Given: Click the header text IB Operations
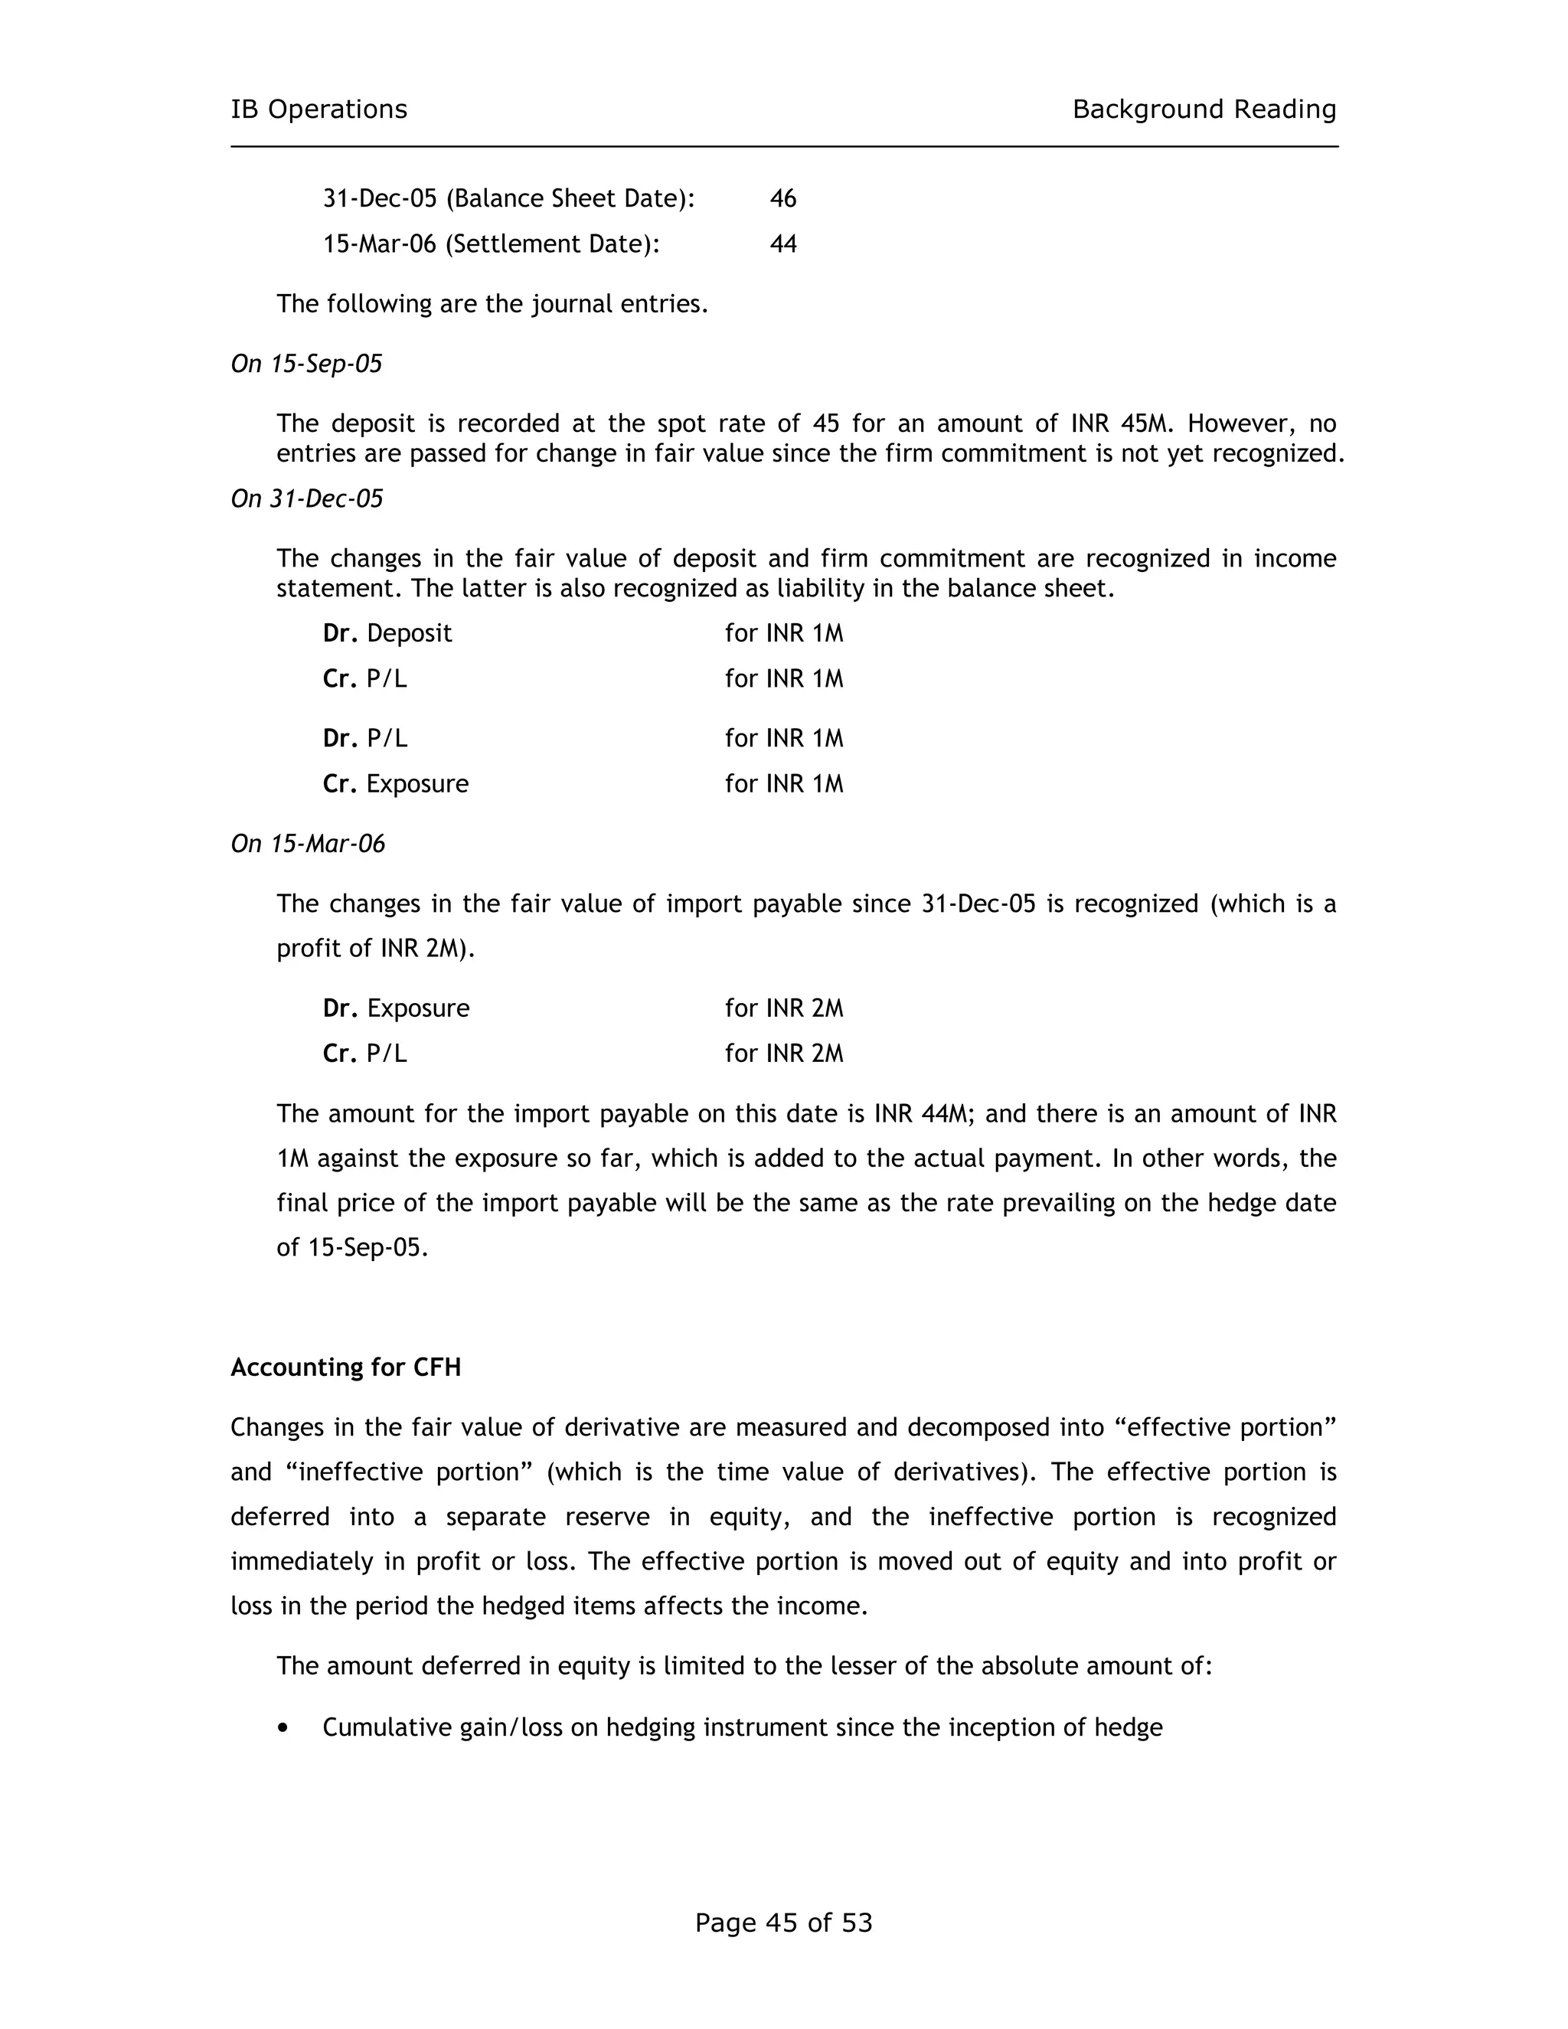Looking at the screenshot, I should tap(318, 109).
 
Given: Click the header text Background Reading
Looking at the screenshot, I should tap(1204, 109).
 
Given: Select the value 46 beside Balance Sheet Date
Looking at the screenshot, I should tap(783, 199).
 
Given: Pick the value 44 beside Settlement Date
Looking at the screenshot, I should tap(783, 244).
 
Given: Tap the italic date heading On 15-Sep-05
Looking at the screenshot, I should tap(306, 364).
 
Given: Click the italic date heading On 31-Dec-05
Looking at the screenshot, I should tap(306, 500).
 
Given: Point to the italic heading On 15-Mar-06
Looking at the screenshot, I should tap(308, 845).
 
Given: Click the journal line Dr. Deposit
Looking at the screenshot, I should tap(387, 634).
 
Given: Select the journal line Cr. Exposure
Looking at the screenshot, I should tap(396, 784).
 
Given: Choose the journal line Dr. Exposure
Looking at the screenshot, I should tap(396, 1009).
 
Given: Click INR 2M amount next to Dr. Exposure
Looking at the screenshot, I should tap(784, 1009).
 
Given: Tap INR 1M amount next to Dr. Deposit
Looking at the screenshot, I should tap(784, 634).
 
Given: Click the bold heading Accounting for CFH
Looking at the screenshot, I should tap(345, 1367).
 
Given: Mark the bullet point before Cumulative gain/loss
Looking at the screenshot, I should tap(283, 1728).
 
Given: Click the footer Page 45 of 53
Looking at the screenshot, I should tap(783, 1923).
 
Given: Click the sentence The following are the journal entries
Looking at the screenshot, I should tap(492, 305).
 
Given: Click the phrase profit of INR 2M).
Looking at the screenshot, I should tap(375, 949).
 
